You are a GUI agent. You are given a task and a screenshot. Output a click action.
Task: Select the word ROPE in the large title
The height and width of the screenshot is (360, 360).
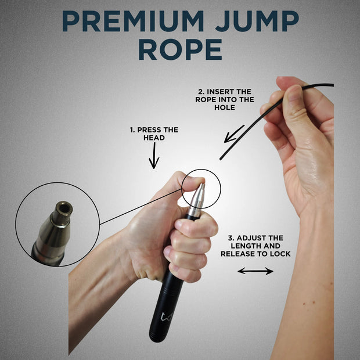coord(180,50)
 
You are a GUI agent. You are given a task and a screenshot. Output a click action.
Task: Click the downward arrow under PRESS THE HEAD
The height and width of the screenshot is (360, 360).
coord(154,156)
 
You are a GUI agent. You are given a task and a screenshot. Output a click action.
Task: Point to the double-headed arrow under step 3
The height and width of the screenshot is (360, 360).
coord(255,271)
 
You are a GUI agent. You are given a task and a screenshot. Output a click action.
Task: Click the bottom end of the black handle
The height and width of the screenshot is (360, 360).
coord(158,337)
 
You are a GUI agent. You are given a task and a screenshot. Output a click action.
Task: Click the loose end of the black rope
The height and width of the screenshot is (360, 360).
coord(221,158)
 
